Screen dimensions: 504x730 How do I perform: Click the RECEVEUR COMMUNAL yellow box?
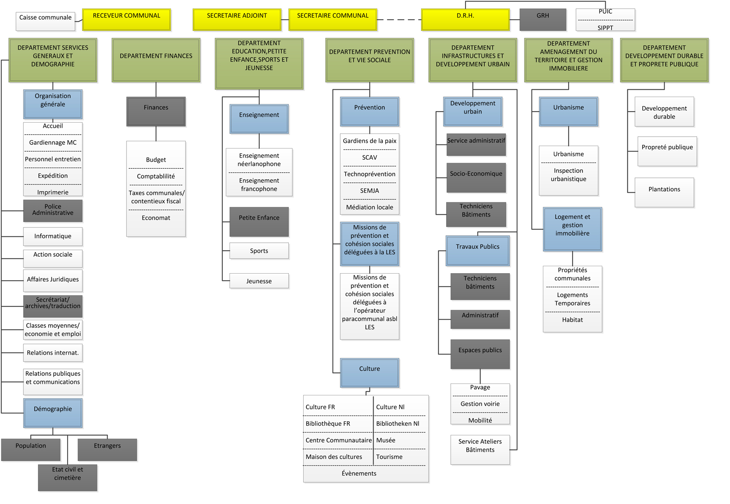tap(126, 19)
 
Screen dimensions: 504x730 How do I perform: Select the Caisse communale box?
tap(45, 21)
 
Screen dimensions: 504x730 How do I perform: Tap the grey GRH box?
tap(543, 19)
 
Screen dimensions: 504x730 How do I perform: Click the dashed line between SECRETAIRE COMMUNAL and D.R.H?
tap(399, 19)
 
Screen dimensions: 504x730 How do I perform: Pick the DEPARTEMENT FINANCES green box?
tap(156, 60)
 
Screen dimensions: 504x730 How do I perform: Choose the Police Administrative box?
tap(53, 210)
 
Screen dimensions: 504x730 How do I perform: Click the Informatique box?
tap(53, 236)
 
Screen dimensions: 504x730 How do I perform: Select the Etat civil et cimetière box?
tap(68, 477)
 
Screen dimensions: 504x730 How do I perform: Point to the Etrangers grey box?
tap(107, 449)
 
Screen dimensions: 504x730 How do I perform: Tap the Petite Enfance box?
tap(259, 221)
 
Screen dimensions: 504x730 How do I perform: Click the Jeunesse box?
tap(259, 281)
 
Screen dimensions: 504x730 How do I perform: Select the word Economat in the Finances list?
tap(156, 218)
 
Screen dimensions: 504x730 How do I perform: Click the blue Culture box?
tap(370, 372)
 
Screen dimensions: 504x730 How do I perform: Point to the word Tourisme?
tap(389, 457)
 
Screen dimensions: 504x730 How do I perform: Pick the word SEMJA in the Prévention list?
tap(370, 190)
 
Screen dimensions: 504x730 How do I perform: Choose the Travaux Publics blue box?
tap(477, 250)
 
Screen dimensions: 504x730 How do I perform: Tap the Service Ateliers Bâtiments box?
tap(480, 449)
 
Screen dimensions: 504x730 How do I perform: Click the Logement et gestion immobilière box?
tap(572, 229)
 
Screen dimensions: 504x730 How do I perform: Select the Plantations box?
tap(664, 192)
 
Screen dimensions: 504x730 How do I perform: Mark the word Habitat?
tap(572, 320)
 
